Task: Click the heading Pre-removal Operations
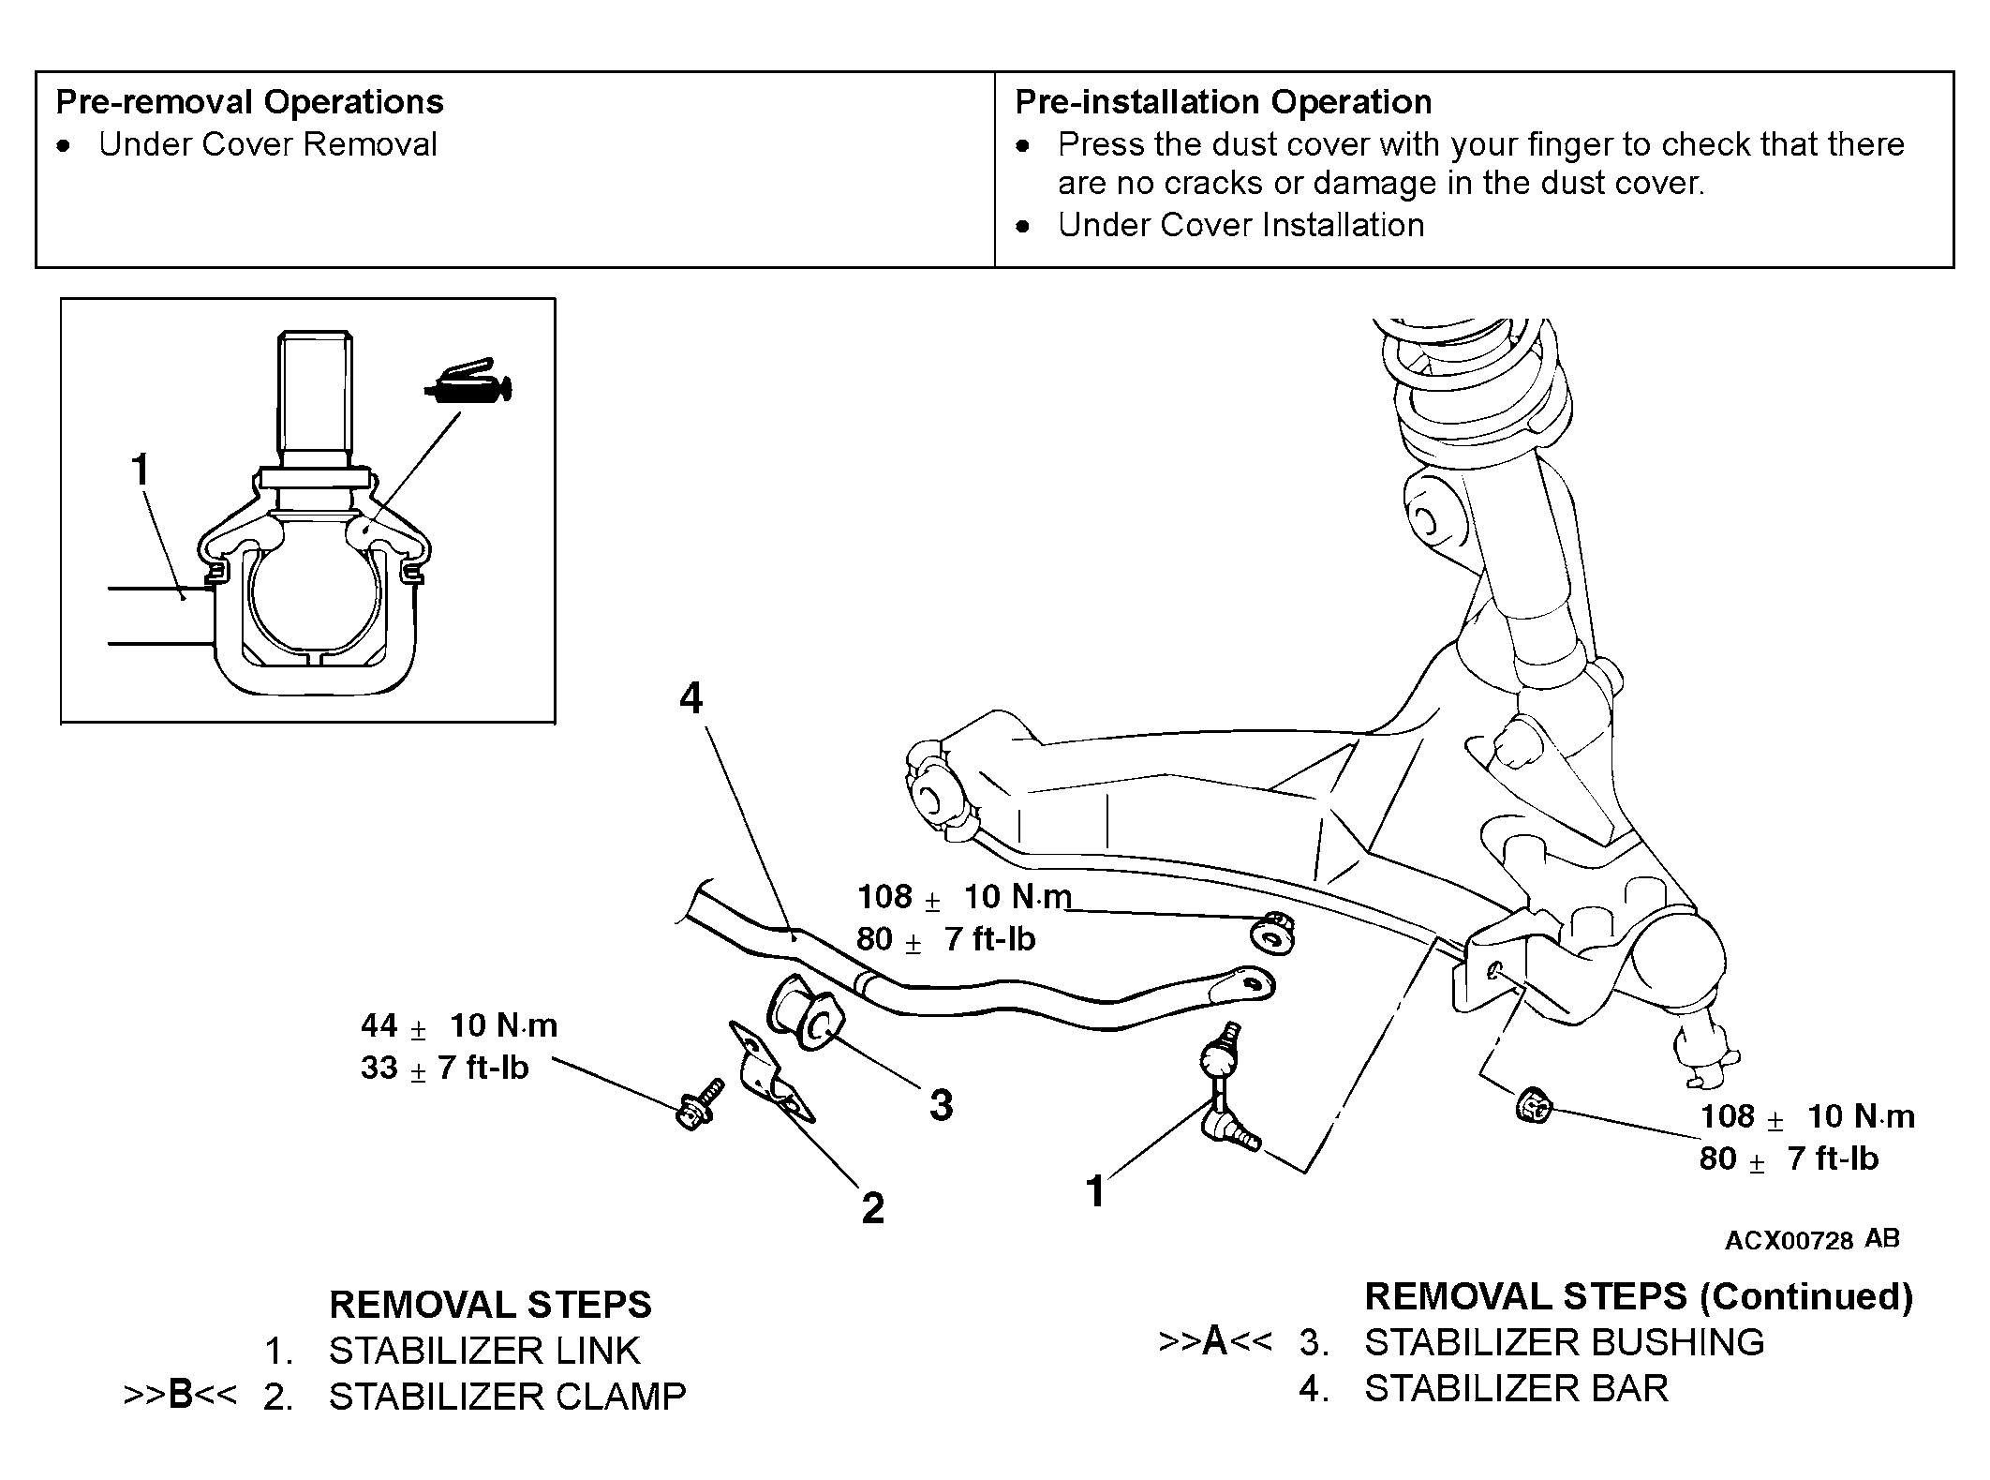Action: [x=250, y=102]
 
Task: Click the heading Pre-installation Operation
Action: [x=1224, y=102]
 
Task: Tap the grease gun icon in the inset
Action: [x=468, y=383]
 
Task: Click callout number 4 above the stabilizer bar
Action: [x=691, y=698]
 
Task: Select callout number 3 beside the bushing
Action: [x=942, y=1104]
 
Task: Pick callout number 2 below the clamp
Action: [x=873, y=1208]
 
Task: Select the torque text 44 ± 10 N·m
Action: [x=459, y=1025]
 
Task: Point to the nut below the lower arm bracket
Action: [x=1533, y=1106]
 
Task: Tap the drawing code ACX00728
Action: [x=1790, y=1241]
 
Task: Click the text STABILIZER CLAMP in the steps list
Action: [x=507, y=1397]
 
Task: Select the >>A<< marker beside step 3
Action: [x=1215, y=1342]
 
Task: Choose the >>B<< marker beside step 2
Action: [x=181, y=1396]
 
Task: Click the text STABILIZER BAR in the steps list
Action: [x=1516, y=1389]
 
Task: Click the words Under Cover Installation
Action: [x=1240, y=225]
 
